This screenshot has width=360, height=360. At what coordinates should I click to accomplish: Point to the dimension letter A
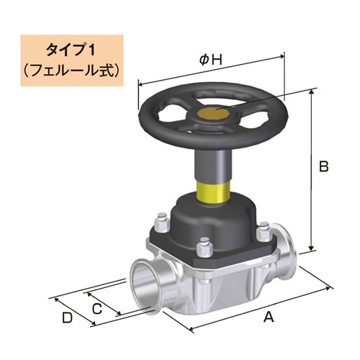269,316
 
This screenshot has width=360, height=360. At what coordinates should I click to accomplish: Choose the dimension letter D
67,317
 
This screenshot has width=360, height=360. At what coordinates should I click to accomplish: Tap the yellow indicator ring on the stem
214,192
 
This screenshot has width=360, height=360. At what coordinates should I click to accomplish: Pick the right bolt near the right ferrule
263,233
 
